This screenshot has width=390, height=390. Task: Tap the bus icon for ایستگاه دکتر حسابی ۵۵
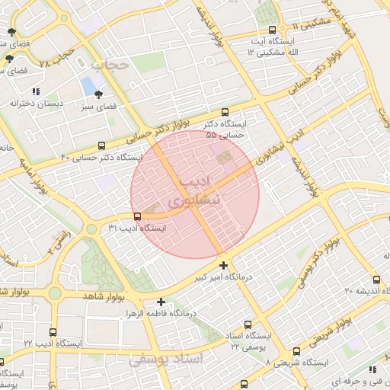click(x=224, y=111)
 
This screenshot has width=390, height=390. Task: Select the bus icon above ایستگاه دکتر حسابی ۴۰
click(x=102, y=145)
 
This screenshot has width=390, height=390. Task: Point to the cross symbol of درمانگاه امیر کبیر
click(x=223, y=265)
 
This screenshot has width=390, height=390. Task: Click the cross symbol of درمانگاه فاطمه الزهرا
click(x=161, y=302)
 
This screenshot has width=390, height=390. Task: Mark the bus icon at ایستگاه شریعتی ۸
click(x=296, y=351)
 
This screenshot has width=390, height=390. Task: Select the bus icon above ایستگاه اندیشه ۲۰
click(x=377, y=279)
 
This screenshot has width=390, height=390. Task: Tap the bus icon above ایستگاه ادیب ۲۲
click(x=53, y=332)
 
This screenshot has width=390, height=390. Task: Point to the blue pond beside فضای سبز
click(x=88, y=84)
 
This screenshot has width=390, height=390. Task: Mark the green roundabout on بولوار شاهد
click(x=55, y=293)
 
